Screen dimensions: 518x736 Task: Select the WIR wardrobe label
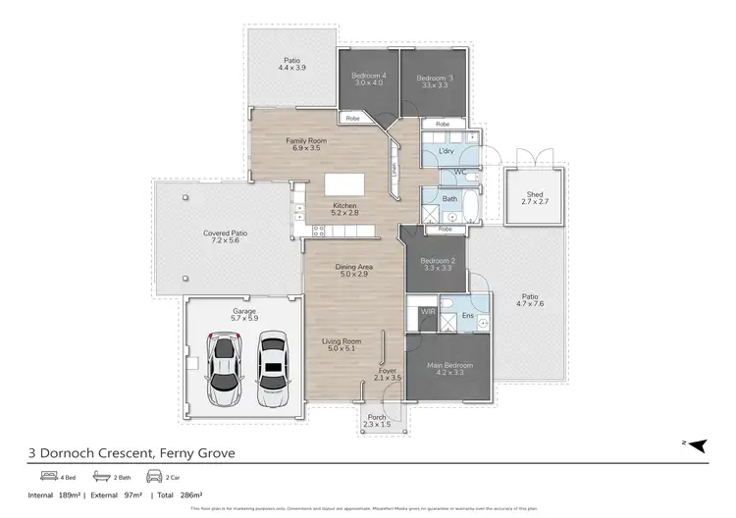(x=427, y=311)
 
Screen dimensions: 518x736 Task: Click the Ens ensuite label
(x=467, y=315)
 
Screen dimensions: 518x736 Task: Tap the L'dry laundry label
(x=446, y=152)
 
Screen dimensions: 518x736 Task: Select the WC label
(x=458, y=172)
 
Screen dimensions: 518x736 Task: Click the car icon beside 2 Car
(x=153, y=476)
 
